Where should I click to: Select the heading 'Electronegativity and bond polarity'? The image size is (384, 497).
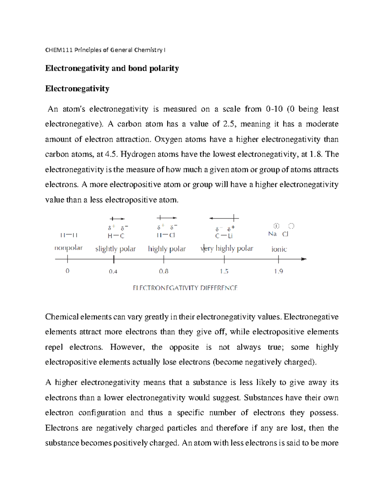(x=112, y=68)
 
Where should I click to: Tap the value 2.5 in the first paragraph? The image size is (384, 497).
(x=229, y=124)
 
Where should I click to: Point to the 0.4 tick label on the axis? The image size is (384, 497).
(x=113, y=271)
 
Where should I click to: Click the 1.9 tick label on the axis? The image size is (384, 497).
(x=278, y=271)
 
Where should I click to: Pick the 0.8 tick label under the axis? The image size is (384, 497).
(x=164, y=271)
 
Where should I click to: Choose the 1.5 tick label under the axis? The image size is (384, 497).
(x=224, y=271)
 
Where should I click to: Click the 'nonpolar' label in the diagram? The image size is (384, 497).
(x=68, y=248)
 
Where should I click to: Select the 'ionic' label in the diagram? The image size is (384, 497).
(x=279, y=249)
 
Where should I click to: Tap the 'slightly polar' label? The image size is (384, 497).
(x=116, y=249)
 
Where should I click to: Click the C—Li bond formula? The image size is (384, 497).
(x=224, y=236)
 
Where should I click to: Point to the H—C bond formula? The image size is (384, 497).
(x=116, y=236)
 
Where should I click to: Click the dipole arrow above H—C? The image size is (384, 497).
(x=117, y=219)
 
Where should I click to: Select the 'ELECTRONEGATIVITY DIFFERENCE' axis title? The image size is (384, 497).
(x=185, y=288)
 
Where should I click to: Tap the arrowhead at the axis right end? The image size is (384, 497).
(x=304, y=259)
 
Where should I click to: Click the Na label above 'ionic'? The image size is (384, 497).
(x=272, y=234)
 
